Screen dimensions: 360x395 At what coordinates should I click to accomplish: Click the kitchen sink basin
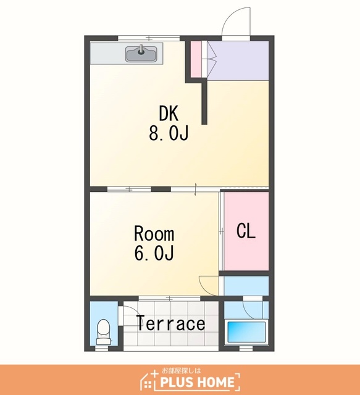coord(141,54)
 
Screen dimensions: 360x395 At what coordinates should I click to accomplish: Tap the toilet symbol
coord(104,332)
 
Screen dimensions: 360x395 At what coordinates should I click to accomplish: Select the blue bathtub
coord(246,331)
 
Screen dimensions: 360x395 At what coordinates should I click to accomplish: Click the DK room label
coord(169,114)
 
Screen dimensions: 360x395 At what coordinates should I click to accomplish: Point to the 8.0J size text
coord(169,133)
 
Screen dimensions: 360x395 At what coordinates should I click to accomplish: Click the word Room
coord(154,234)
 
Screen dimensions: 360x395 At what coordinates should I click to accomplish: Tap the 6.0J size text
coord(154,253)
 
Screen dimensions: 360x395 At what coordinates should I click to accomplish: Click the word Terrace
coord(171,323)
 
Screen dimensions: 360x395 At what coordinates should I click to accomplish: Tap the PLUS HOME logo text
coord(198,382)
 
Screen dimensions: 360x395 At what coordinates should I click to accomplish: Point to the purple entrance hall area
coord(238,60)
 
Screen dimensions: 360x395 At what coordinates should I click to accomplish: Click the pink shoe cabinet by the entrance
coord(196,59)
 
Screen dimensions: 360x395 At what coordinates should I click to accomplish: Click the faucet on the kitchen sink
coord(141,49)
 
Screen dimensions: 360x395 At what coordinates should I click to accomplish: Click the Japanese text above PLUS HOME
coord(182,370)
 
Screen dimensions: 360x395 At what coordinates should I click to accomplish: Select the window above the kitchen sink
coord(149,38)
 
